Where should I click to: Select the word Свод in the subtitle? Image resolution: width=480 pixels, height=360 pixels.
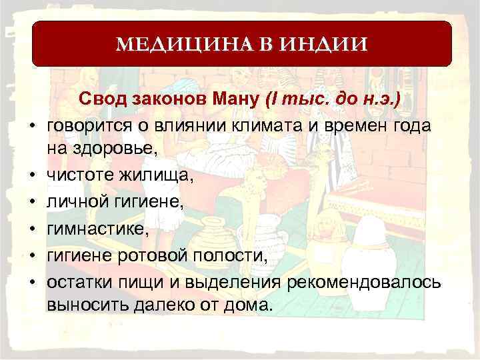point(102,101)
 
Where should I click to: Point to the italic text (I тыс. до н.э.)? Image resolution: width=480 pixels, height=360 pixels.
point(333,101)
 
